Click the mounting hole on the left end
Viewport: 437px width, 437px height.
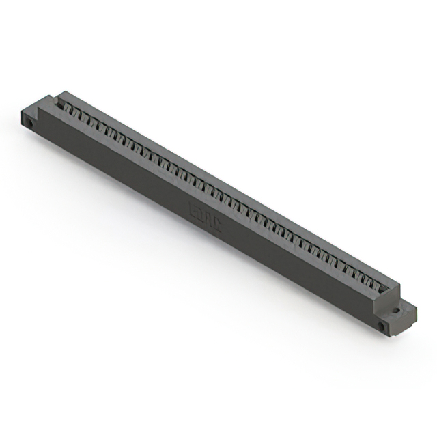31,124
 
